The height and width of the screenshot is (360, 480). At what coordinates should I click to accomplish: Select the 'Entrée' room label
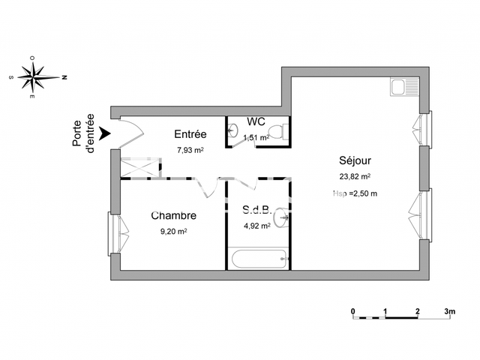(x=190, y=135)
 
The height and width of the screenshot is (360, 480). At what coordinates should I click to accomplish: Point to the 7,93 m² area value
(x=190, y=150)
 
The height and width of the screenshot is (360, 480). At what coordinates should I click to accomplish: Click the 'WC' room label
(x=256, y=121)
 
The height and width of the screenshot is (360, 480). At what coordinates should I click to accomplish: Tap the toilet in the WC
(x=277, y=131)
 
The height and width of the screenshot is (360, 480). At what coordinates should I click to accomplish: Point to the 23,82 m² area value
(x=355, y=177)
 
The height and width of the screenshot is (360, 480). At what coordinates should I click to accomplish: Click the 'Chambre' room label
(x=173, y=216)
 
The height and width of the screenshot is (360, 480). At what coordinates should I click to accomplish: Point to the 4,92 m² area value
(x=256, y=226)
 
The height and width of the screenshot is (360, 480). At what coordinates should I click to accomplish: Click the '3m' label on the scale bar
(x=449, y=310)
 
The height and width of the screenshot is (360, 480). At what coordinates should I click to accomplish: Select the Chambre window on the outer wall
(x=115, y=232)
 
